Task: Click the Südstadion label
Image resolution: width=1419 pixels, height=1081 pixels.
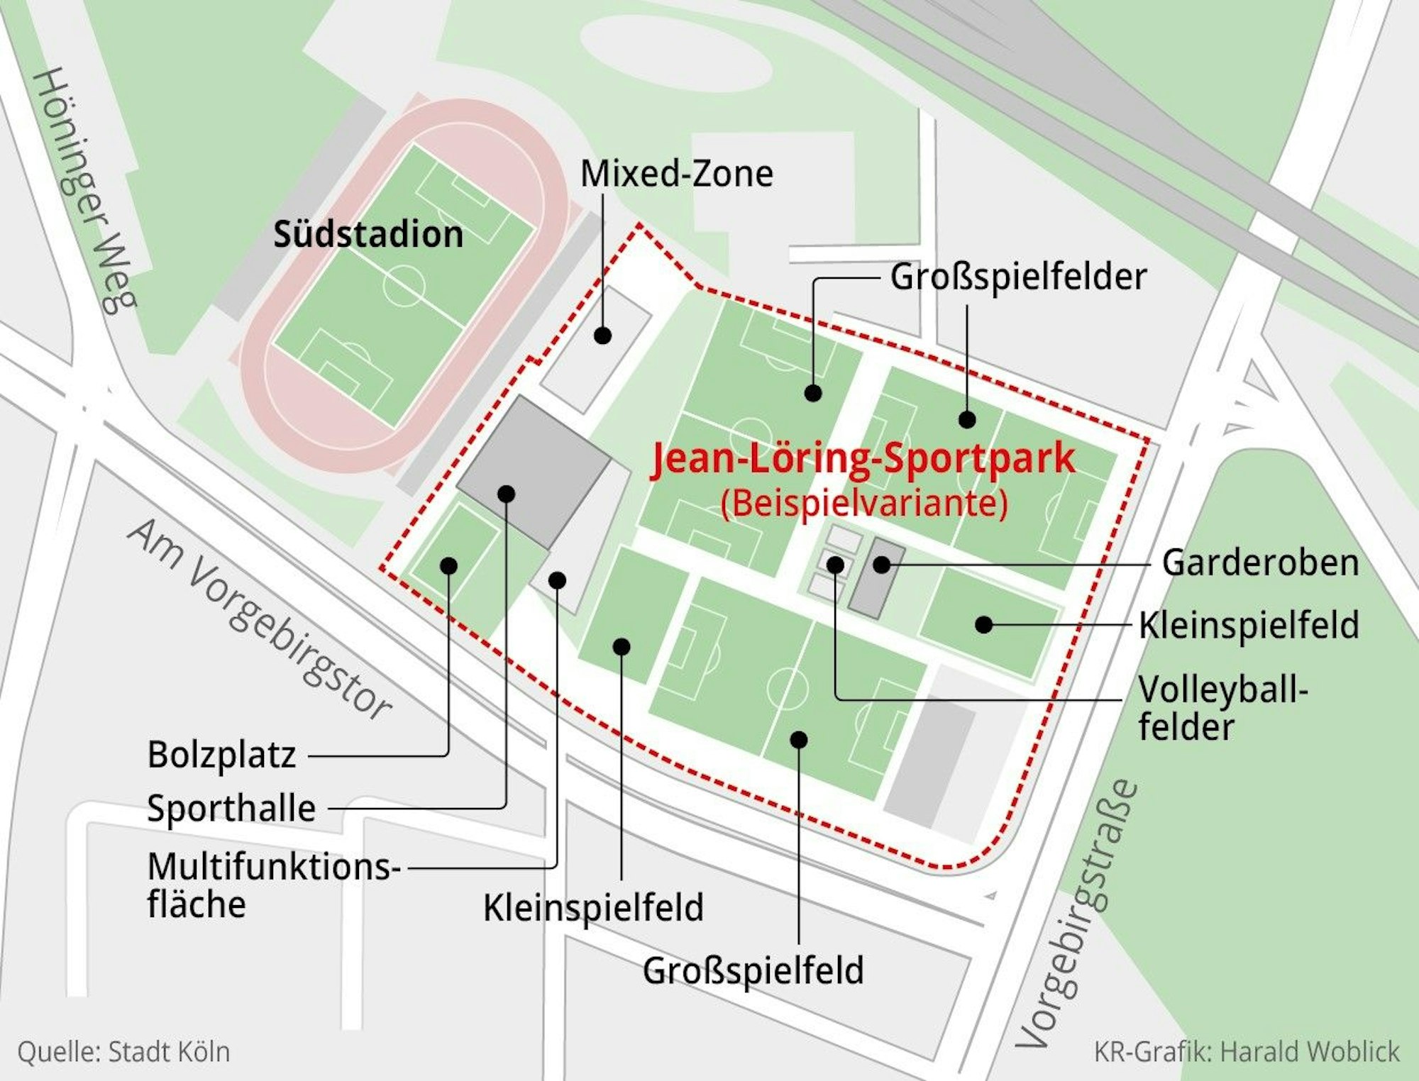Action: point(368,234)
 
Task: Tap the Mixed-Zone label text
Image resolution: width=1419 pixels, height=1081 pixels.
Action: point(676,174)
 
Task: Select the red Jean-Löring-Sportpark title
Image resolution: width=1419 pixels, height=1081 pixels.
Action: point(863,458)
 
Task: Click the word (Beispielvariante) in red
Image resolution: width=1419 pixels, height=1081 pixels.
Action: point(863,504)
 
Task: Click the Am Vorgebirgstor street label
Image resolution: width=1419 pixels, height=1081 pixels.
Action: point(260,618)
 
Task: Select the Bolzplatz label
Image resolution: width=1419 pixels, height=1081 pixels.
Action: point(221,755)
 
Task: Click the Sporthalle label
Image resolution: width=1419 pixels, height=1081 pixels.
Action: point(231,808)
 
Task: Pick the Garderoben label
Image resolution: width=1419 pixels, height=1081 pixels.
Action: point(1260,563)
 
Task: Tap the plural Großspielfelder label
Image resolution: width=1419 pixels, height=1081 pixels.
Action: point(1018,277)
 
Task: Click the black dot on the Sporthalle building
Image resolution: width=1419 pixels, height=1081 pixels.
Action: point(506,494)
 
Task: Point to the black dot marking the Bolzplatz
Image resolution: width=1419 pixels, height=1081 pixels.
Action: point(449,566)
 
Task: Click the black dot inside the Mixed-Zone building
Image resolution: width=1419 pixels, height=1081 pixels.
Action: point(602,336)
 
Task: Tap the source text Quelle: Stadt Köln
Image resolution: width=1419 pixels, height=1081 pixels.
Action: point(124,1052)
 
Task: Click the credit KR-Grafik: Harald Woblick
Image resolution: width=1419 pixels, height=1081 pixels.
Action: point(1247,1052)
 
